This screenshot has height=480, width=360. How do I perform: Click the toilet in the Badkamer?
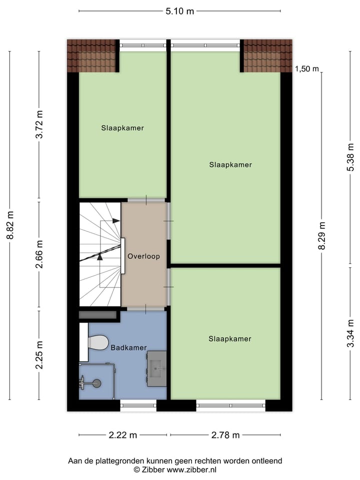point(97,342)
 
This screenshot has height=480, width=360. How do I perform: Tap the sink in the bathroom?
point(156,368)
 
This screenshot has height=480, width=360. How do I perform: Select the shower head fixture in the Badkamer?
point(96,383)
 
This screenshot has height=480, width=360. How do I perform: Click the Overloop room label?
point(143,256)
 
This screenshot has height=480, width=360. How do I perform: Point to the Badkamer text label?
point(128,347)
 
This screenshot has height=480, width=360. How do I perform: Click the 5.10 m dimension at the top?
point(179,11)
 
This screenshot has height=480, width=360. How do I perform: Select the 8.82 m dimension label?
point(10,225)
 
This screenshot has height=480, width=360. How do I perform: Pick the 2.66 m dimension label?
point(40,255)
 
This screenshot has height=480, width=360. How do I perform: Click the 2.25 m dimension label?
point(40,355)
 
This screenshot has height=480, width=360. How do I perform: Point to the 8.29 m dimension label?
point(322,235)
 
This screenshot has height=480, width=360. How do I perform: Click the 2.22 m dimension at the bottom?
point(123,435)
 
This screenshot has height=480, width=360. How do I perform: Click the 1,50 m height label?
point(307,69)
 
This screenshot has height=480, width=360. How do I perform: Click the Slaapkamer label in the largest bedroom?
point(230,164)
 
